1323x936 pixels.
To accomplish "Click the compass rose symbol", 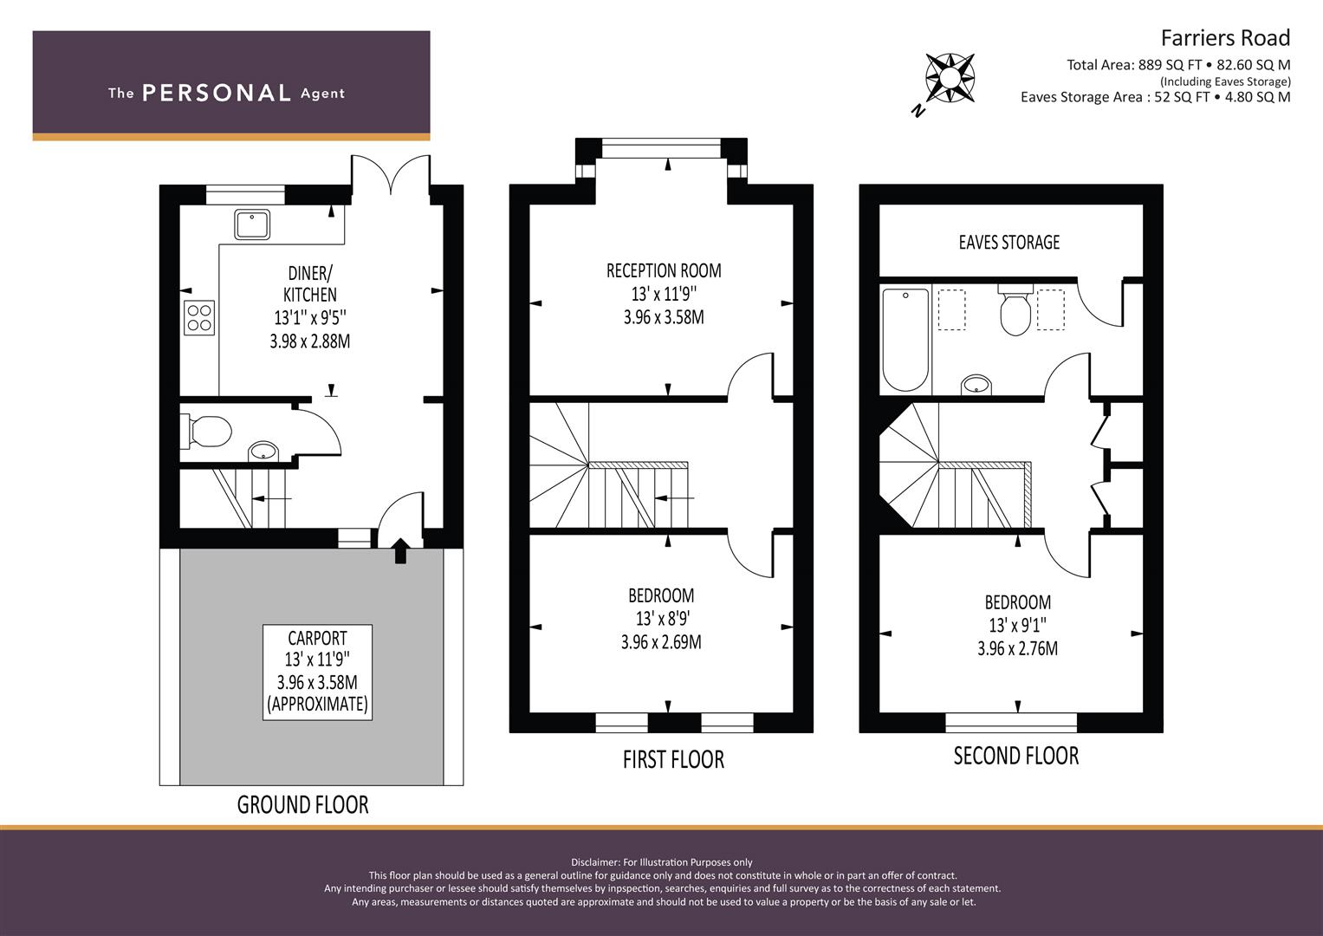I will pyautogui.click(x=950, y=77).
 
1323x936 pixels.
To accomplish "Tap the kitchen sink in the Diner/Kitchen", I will pyautogui.click(x=251, y=224).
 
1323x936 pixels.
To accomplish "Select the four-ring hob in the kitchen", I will pyautogui.click(x=199, y=317).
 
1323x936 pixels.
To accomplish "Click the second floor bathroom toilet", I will pyautogui.click(x=1015, y=312).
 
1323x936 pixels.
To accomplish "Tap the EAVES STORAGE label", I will pyautogui.click(x=1008, y=242).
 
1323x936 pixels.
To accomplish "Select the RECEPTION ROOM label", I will pyautogui.click(x=664, y=270).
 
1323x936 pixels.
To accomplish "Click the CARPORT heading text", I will pyautogui.click(x=317, y=638).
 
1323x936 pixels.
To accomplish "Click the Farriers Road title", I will pyautogui.click(x=1225, y=38).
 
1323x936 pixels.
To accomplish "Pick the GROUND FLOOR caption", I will pyautogui.click(x=302, y=805).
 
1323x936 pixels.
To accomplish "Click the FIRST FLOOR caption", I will pyautogui.click(x=673, y=759).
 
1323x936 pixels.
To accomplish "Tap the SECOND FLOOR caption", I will pyautogui.click(x=1015, y=756).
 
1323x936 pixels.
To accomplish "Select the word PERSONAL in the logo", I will pyautogui.click(x=217, y=94).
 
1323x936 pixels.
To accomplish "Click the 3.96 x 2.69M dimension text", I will pyautogui.click(x=661, y=642).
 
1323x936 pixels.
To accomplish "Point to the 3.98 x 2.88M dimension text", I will pyautogui.click(x=310, y=341).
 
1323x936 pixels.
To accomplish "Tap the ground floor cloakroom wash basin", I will pyautogui.click(x=263, y=452).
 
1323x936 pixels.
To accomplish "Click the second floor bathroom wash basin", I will pyautogui.click(x=977, y=384).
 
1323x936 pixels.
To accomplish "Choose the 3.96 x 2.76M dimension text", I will pyautogui.click(x=1017, y=648).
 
